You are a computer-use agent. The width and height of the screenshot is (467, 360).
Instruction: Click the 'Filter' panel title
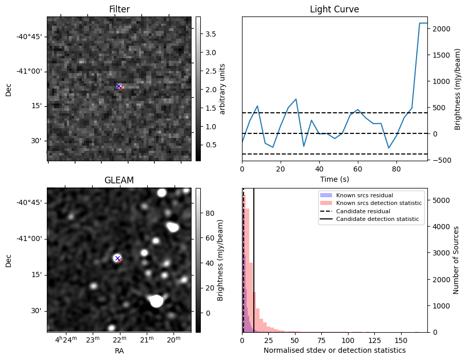click(x=119, y=9)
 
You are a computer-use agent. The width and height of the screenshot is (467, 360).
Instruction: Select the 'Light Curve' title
click(x=335, y=9)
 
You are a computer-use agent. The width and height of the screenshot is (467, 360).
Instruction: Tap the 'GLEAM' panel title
click(x=119, y=180)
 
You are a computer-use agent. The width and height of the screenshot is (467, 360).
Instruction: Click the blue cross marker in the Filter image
click(x=118, y=86)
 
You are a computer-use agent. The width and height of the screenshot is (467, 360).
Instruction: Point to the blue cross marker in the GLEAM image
click(x=117, y=258)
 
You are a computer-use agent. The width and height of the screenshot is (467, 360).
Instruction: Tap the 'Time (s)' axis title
click(x=335, y=179)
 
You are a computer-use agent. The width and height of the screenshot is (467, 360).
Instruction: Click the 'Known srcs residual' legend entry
click(x=365, y=195)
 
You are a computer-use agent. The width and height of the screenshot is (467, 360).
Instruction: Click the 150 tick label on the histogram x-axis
click(x=401, y=340)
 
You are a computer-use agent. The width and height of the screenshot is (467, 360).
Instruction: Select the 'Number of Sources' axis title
click(x=456, y=260)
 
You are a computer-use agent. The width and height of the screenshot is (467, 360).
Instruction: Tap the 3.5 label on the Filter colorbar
click(x=211, y=34)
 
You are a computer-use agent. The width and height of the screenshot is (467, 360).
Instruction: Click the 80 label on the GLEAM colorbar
click(x=210, y=213)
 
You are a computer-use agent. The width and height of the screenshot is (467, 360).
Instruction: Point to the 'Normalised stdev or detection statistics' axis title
click(x=335, y=350)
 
